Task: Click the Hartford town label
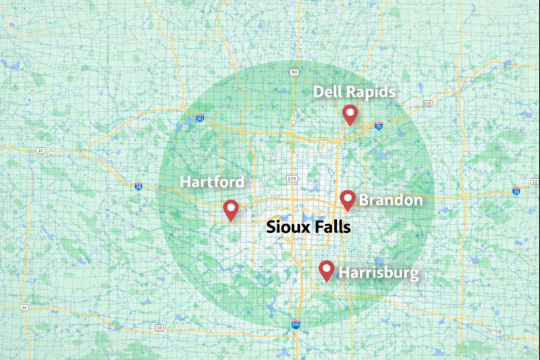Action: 212,182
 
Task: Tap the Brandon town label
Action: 391,201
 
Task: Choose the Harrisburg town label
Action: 378,274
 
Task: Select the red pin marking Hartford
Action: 231,209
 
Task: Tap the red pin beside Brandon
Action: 348,199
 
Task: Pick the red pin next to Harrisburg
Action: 327,269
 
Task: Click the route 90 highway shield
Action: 294,72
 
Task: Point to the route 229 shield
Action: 292,178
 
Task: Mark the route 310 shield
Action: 427,103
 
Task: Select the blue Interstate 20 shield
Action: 378,126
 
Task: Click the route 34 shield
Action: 24,307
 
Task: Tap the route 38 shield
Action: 159,328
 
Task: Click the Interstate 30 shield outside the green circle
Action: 138,186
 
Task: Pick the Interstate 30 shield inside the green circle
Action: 200,118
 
